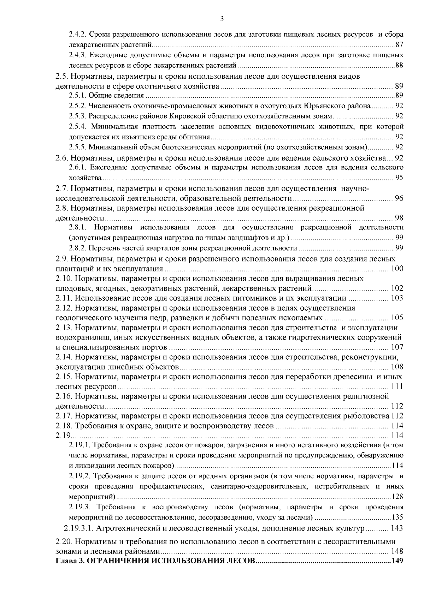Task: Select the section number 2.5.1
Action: coord(77,95)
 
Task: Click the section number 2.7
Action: coord(63,188)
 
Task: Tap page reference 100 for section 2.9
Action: coord(397,269)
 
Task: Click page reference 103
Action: coord(397,298)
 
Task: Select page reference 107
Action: coord(397,347)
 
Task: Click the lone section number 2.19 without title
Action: coord(64,436)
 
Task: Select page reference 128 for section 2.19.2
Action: coord(397,497)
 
